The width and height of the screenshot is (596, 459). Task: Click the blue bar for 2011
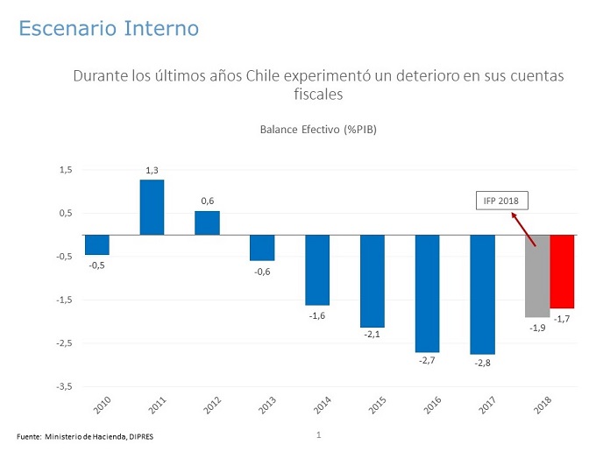tap(152, 207)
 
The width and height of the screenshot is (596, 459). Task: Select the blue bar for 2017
tap(483, 294)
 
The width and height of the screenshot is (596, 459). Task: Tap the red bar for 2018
tap(563, 272)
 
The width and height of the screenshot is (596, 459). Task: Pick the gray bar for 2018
tap(537, 276)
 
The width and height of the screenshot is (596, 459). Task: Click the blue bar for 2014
tap(316, 270)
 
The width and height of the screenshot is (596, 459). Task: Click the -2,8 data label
tap(483, 363)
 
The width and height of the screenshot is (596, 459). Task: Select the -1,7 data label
tap(563, 319)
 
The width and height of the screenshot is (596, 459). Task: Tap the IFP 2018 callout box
tap(501, 201)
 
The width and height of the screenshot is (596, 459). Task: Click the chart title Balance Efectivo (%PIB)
tap(317, 130)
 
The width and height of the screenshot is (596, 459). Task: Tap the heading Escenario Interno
tap(109, 29)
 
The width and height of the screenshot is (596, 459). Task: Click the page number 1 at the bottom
tap(319, 434)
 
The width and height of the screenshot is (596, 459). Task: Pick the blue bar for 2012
tap(207, 222)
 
